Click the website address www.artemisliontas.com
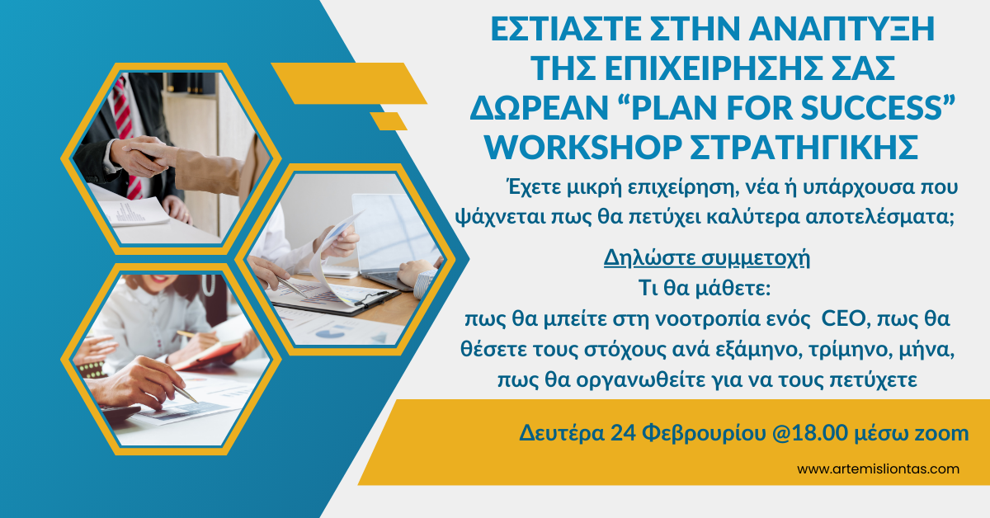click(878, 469)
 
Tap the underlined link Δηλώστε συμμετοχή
click(707, 258)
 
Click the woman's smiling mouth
click(152, 280)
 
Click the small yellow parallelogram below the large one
click(389, 121)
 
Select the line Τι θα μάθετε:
click(705, 288)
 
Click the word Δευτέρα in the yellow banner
click(562, 433)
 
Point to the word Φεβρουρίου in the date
click(704, 434)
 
